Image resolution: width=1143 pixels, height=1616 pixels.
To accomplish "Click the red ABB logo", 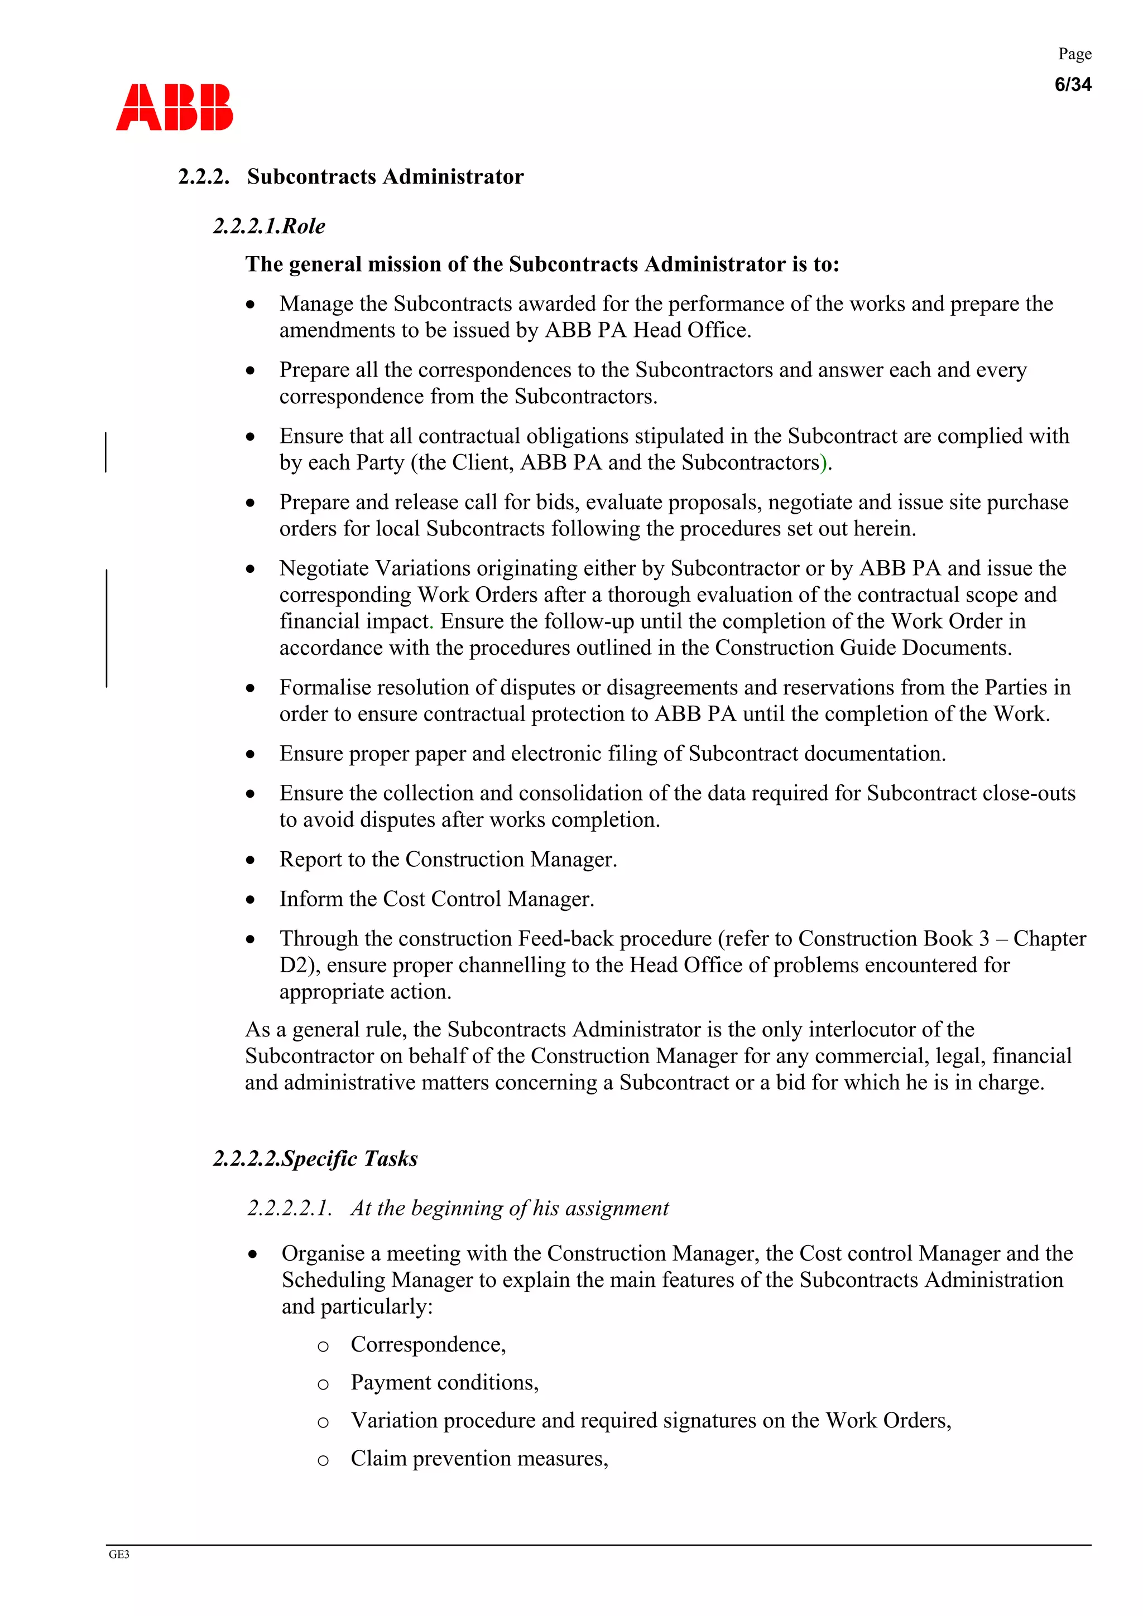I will pos(174,107).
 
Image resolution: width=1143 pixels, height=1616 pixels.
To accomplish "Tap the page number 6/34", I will pos(1072,84).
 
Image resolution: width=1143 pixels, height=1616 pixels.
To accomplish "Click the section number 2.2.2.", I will pos(204,177).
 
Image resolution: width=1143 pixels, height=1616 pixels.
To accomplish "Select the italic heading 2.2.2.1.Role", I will pos(268,226).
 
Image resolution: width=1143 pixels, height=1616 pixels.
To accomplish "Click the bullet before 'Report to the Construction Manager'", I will pos(250,860).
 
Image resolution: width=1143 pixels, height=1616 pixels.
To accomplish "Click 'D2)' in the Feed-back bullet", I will pos(296,965).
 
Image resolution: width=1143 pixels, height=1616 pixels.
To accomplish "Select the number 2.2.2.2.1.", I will pos(289,1208).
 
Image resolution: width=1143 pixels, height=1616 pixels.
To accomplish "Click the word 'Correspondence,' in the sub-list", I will pos(428,1344).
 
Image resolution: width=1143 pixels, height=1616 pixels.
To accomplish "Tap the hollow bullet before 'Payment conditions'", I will pos(323,1385).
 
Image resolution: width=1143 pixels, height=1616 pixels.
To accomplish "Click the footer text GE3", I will pos(118,1555).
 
